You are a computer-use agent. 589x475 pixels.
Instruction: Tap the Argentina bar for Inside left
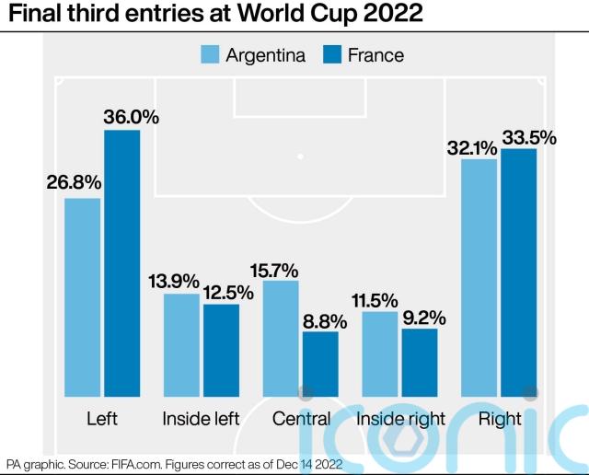[181, 345]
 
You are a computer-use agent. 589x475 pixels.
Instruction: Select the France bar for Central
[320, 364]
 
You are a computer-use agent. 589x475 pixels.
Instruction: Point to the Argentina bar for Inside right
[380, 353]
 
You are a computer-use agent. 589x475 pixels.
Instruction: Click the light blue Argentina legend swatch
[210, 54]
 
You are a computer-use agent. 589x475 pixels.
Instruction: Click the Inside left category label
[201, 419]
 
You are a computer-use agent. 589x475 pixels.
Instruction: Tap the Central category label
[301, 419]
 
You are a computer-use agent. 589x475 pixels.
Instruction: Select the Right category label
[500, 419]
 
